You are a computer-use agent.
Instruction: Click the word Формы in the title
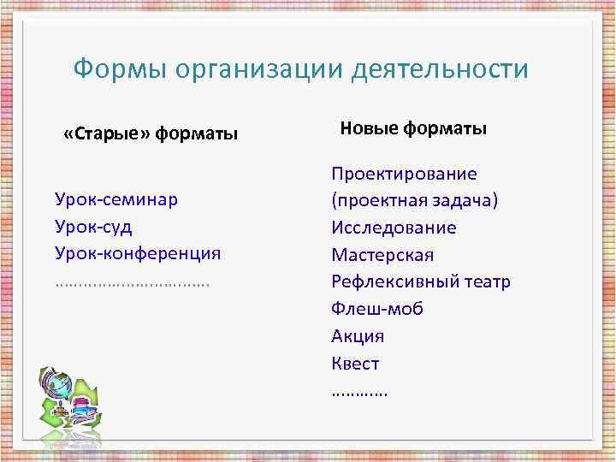click(120, 68)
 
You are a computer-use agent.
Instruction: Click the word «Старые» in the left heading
click(107, 134)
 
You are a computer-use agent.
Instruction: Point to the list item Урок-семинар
click(116, 199)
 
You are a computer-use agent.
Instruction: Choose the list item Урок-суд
click(93, 227)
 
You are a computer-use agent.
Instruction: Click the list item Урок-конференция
click(138, 253)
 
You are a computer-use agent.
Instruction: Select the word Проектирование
click(404, 174)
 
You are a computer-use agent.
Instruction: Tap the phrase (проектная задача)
click(415, 200)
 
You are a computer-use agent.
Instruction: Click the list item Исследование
click(394, 228)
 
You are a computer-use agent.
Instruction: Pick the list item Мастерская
click(382, 255)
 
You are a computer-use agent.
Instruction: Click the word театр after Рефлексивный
click(484, 281)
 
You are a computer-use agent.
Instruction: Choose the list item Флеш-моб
click(377, 309)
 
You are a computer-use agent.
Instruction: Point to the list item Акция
click(358, 336)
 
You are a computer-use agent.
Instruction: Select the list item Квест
click(355, 364)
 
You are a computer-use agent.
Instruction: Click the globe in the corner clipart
click(56, 386)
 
